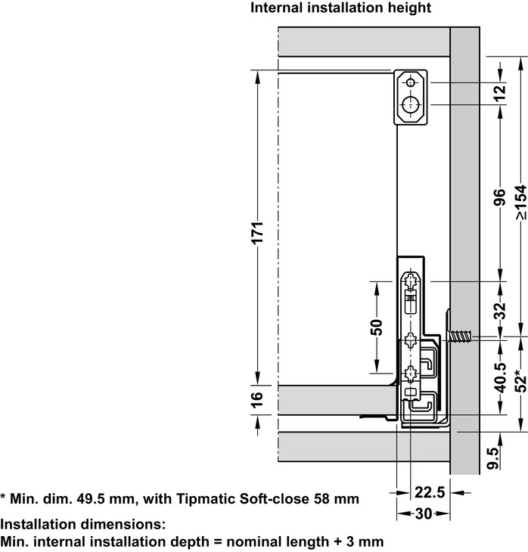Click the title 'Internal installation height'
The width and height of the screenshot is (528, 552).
340,8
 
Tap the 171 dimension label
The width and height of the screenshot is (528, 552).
257,232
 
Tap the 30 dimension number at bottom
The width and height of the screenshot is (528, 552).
424,514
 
